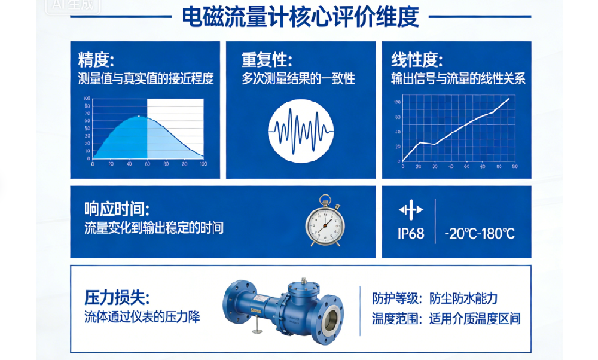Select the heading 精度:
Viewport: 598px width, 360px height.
pyautogui.click(x=96, y=60)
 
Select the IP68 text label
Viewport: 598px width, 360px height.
pyautogui.click(x=411, y=233)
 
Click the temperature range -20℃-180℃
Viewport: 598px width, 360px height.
pyautogui.click(x=479, y=233)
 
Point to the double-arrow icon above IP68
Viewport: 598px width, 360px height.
pyautogui.click(x=411, y=210)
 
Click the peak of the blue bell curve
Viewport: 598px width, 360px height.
pyautogui.click(x=139, y=116)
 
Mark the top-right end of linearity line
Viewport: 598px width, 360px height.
pyautogui.click(x=508, y=99)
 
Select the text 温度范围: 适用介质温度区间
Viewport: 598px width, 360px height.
pyautogui.click(x=446, y=318)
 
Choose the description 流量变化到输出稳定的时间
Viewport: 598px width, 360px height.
pyautogui.click(x=154, y=228)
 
